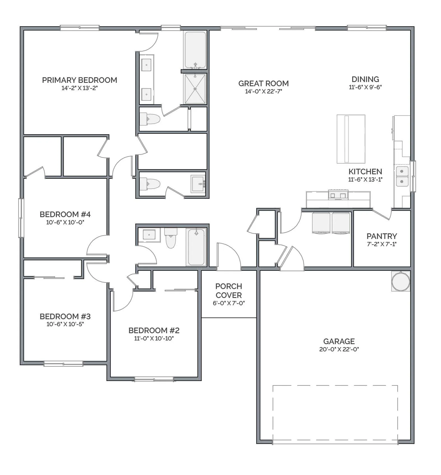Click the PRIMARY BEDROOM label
point(80,80)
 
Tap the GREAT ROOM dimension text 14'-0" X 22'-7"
point(263,91)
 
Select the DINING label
point(365,79)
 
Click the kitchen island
point(351,139)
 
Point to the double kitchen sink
point(402,176)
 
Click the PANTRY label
point(382,236)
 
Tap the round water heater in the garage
point(401,281)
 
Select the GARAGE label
point(339,341)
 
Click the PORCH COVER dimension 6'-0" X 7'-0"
point(229,303)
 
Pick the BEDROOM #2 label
point(154,330)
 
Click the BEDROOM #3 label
point(65,316)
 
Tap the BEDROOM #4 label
point(65,214)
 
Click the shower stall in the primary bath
point(195,89)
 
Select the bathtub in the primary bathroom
point(195,50)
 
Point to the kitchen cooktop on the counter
point(338,194)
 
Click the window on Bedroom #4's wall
point(21,218)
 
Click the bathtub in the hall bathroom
point(196,247)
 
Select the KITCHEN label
point(365,171)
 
